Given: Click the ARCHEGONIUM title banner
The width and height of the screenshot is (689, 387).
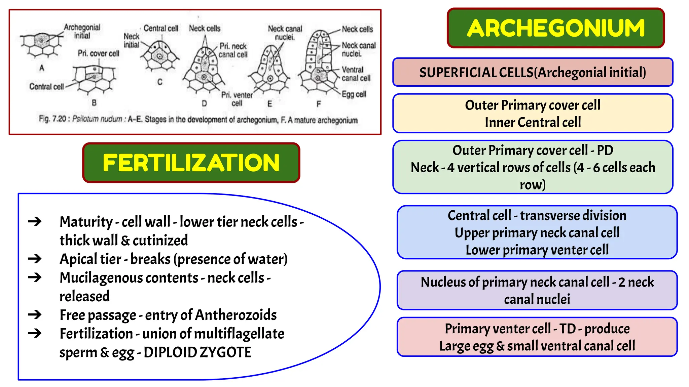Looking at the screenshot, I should pyautogui.click(x=556, y=28).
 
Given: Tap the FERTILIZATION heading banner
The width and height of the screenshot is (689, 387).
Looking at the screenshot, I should pyautogui.click(x=191, y=163).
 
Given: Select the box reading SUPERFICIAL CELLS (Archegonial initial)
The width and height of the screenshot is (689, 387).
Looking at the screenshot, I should pyautogui.click(x=533, y=72).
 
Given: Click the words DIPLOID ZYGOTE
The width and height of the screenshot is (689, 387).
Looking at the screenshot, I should pyautogui.click(x=197, y=352).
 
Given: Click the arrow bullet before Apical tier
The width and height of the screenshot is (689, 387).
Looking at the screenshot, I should pyautogui.click(x=35, y=259).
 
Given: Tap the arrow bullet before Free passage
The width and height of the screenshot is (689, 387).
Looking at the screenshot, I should pyautogui.click(x=35, y=315).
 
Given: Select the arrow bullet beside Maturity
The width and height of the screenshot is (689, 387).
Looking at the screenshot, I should pyautogui.click(x=35, y=221).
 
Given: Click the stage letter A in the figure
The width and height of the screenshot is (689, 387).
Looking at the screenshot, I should pyautogui.click(x=42, y=68).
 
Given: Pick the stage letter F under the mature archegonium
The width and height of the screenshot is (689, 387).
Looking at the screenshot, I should pyautogui.click(x=319, y=104).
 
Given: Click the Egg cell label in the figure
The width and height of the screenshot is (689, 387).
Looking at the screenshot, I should pyautogui.click(x=354, y=94).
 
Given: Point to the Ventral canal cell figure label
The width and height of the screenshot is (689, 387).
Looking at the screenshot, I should pyautogui.click(x=356, y=74).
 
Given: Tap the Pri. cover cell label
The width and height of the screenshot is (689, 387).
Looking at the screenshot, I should pyautogui.click(x=98, y=53).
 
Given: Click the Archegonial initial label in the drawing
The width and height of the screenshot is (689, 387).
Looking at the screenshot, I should pyautogui.click(x=82, y=31).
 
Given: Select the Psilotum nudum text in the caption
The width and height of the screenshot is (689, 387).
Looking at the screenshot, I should pyautogui.click(x=97, y=119).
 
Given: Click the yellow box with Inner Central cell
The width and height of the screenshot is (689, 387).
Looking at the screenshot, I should pyautogui.click(x=533, y=114).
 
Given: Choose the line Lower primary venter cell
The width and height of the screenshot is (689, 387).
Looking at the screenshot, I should pyautogui.click(x=537, y=250).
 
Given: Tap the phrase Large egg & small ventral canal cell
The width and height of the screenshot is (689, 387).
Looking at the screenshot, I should pyautogui.click(x=537, y=346).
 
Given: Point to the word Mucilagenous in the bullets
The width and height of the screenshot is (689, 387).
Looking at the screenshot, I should pyautogui.click(x=129, y=278).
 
